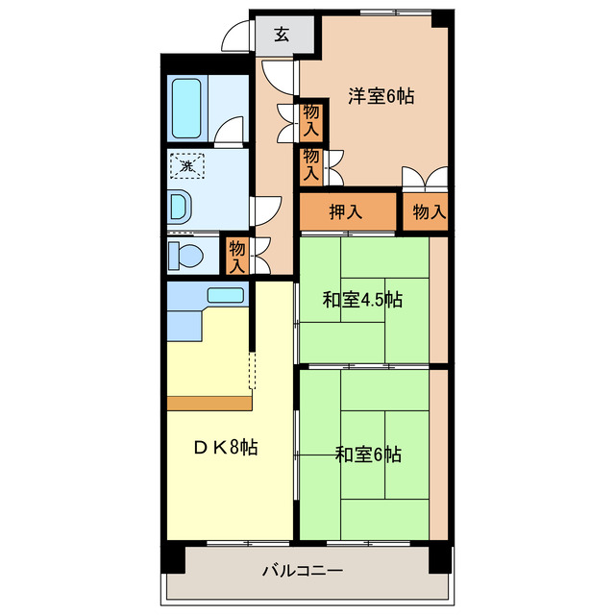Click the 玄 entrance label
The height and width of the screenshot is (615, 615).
[x=282, y=35]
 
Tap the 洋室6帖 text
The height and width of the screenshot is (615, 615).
[x=381, y=96]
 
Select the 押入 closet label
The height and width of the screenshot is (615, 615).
[x=345, y=212]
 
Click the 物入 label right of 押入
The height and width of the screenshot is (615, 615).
[x=429, y=212]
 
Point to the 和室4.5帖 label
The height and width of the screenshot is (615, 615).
[x=361, y=300]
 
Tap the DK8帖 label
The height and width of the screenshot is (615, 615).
[x=226, y=447]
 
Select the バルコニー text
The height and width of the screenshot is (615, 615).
[x=303, y=572]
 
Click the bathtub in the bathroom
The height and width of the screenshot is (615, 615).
[x=186, y=109]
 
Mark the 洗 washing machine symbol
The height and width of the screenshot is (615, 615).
[x=187, y=167]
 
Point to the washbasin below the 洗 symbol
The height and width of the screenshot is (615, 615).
[x=180, y=207]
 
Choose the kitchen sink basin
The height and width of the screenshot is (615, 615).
[x=226, y=296]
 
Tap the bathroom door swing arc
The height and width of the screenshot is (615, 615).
[x=229, y=131]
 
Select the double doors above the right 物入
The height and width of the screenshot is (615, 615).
[x=425, y=178]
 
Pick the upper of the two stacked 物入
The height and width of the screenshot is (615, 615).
[x=311, y=119]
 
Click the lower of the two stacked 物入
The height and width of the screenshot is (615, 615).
[x=311, y=163]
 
